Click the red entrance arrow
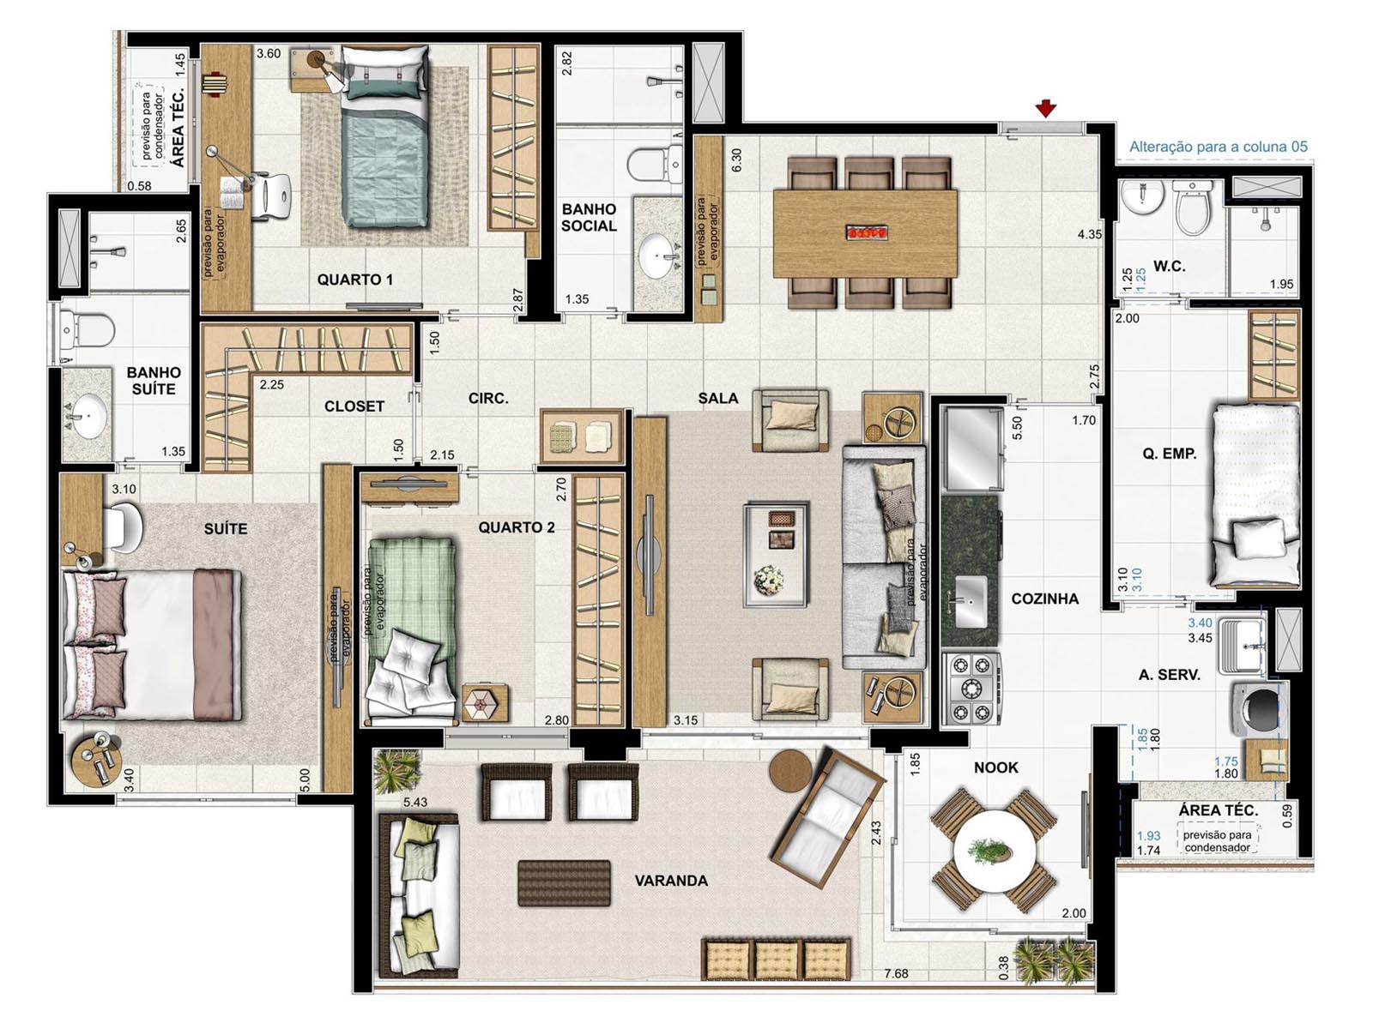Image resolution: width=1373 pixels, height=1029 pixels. point(1045,110)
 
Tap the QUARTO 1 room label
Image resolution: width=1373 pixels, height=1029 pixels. point(354,280)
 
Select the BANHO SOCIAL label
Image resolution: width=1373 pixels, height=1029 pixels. point(589,218)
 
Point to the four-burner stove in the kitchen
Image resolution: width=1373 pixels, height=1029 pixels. point(971,689)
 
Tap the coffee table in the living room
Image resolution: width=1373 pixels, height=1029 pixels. point(776,555)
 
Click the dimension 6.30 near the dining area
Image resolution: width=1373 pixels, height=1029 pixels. point(736,160)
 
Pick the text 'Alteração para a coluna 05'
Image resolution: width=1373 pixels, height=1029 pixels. point(1218,147)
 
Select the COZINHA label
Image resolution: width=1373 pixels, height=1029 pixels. point(1045,599)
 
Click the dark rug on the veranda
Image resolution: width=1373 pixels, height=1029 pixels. point(564,883)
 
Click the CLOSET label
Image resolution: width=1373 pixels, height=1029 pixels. point(354,406)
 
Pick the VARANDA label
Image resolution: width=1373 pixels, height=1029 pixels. point(671,881)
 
